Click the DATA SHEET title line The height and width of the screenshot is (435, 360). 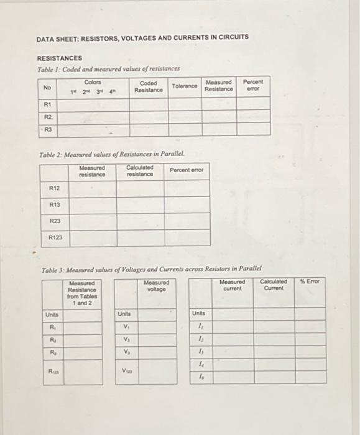[x=142, y=37]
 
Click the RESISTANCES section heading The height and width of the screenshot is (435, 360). [x=58, y=58]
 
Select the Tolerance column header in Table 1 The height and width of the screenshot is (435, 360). [x=185, y=86]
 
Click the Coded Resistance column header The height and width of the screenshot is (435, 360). [x=149, y=86]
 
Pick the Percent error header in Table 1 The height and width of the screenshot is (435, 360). [x=253, y=86]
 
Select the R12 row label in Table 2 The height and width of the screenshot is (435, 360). [x=54, y=188]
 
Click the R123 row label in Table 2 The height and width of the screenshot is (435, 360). [x=55, y=237]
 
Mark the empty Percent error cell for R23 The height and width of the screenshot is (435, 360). [x=187, y=221]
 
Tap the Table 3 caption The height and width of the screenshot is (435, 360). [x=151, y=270]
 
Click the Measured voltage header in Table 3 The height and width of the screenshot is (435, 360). [x=155, y=285]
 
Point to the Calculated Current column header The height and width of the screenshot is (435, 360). [x=274, y=285]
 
